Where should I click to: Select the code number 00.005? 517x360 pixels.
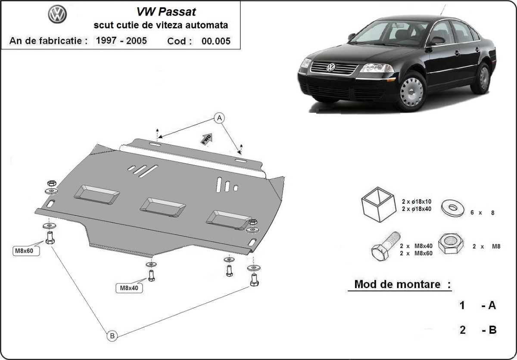[216, 41]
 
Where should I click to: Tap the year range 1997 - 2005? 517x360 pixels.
[121, 41]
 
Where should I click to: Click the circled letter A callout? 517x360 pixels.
[219, 118]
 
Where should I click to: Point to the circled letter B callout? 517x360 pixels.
[112, 335]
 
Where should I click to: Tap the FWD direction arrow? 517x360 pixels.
[206, 138]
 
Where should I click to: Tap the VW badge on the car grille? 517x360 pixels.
[331, 67]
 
